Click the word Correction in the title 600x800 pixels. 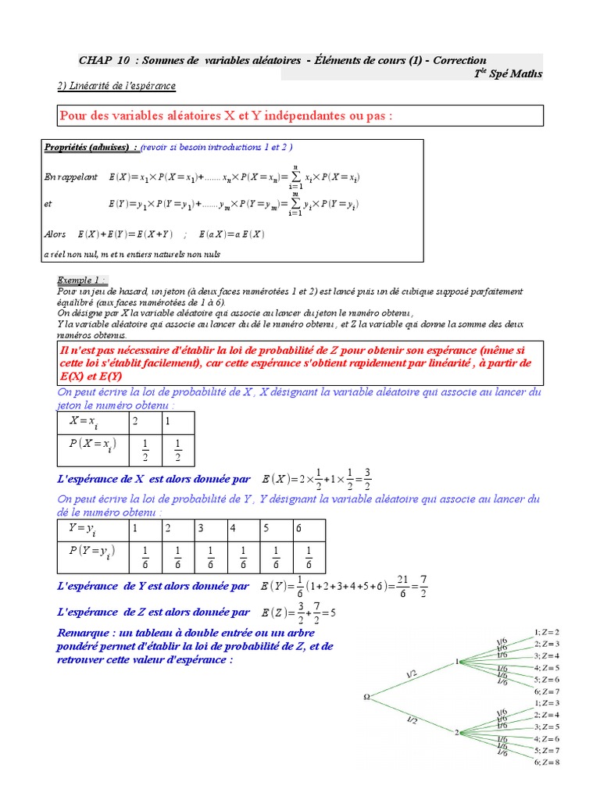coord(459,60)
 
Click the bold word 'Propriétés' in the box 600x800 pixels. coord(66,147)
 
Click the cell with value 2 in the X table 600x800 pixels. coord(135,422)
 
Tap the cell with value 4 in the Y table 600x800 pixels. coord(233,530)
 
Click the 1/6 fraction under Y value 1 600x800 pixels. coord(145,556)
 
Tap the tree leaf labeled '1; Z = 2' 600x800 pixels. coord(546,631)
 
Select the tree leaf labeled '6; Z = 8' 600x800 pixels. coord(546,762)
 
